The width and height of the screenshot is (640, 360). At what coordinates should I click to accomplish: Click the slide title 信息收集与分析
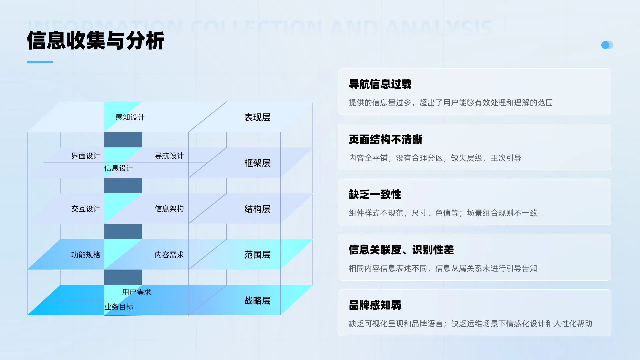(x=96, y=41)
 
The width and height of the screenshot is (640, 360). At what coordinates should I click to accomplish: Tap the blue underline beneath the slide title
(x=40, y=62)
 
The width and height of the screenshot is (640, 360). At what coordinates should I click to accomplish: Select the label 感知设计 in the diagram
(x=130, y=117)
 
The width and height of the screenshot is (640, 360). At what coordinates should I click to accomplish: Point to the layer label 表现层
(x=257, y=117)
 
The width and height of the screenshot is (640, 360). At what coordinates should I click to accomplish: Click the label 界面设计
(x=86, y=156)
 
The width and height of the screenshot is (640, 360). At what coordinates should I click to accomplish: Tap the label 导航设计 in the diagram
(x=169, y=156)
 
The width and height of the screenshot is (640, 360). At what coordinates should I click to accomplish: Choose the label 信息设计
(x=119, y=168)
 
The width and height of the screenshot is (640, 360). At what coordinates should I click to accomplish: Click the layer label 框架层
(x=257, y=163)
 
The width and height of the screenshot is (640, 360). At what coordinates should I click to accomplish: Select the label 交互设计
(x=86, y=209)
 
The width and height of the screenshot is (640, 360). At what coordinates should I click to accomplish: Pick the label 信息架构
(x=169, y=209)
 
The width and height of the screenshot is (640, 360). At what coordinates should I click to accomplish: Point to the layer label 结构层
(x=257, y=209)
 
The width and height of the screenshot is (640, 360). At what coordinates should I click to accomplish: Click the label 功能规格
(x=86, y=255)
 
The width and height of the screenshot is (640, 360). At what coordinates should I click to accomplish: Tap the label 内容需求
(x=169, y=255)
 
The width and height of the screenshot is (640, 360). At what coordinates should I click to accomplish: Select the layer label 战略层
(x=257, y=301)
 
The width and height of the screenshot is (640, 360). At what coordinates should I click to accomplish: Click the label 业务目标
(x=119, y=307)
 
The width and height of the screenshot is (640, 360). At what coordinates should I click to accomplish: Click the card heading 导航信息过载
(x=380, y=84)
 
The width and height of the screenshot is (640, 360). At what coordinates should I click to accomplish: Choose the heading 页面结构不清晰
(x=385, y=139)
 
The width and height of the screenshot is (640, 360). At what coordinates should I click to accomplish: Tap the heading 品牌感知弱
(x=375, y=305)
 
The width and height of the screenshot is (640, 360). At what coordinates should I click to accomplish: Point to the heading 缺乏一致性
(x=375, y=194)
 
